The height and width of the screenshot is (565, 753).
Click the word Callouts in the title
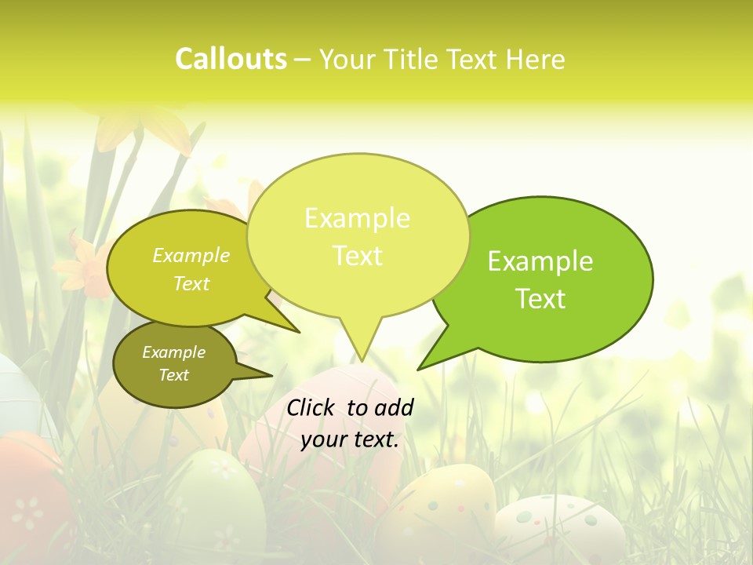231,59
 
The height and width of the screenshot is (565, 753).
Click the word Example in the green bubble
540,261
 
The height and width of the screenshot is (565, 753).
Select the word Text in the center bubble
358,256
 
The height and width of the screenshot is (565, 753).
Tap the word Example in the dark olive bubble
174,352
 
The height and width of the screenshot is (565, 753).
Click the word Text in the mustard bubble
191,283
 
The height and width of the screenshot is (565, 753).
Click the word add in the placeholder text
393,407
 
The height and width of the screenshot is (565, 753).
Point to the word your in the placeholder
324,439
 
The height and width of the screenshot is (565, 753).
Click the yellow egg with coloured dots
439,510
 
